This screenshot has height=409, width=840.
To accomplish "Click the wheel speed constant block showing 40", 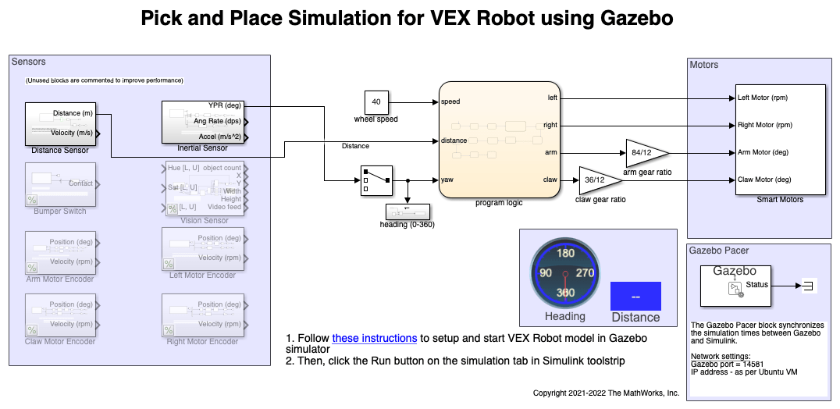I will coord(376,102).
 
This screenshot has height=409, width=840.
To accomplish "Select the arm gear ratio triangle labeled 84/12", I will coord(645,152).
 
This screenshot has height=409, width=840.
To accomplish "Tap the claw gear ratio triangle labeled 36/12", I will coord(598,180).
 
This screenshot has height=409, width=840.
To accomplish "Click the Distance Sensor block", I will coord(61,123).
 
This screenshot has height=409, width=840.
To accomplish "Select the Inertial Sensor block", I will coord(203,122).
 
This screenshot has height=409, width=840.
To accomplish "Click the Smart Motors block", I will coord(780,139).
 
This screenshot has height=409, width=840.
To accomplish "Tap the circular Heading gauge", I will coord(565,272).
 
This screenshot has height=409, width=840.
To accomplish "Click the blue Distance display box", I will coord(635,297).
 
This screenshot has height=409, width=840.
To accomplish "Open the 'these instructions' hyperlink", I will coord(374,339).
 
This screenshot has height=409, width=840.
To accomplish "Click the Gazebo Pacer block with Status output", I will coord(734,284).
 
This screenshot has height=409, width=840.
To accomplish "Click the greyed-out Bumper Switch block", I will coord(60,184).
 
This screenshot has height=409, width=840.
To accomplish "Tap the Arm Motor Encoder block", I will coord(60,252).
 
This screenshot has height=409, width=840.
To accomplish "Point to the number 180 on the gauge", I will coord(565,253).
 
